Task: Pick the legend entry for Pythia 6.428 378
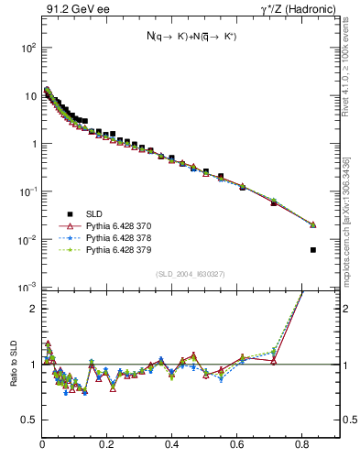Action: [102, 236]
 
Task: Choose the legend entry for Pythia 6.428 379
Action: [102, 249]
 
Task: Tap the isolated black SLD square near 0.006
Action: [313, 250]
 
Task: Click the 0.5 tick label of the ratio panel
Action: [29, 420]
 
